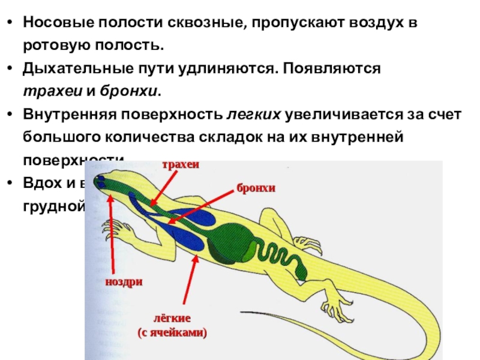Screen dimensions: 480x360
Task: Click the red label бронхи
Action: pos(255,188)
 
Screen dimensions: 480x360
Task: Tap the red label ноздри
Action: pos(124,281)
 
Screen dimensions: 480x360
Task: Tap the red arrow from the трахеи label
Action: pos(165,186)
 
